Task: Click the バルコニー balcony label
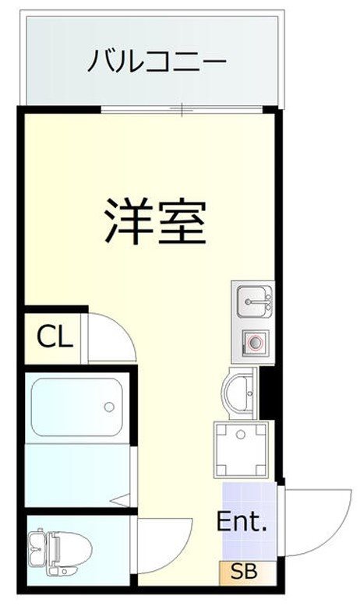(x=156, y=61)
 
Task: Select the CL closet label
(x=55, y=337)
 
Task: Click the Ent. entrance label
(x=242, y=521)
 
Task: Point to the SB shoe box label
(x=243, y=572)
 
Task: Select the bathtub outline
(x=76, y=409)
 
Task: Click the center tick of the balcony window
(x=182, y=110)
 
